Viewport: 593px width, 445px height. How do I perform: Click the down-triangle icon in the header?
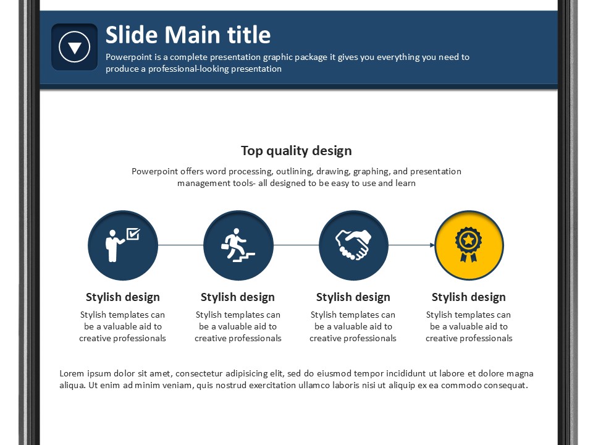(75, 47)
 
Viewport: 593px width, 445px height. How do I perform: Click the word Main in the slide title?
(192, 35)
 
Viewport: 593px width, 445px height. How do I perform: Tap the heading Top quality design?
(296, 151)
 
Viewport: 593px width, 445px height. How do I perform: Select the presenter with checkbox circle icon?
(123, 245)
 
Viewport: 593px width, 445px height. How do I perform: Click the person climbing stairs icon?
(238, 245)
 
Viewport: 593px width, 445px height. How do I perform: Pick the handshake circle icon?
(353, 245)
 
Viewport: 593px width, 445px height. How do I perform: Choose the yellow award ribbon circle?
(469, 245)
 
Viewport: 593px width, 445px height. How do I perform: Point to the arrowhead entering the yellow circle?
(432, 245)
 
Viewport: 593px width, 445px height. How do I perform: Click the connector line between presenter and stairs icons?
(181, 245)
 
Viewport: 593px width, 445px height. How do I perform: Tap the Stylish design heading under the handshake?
(353, 297)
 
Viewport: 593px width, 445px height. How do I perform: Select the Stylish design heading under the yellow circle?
(469, 297)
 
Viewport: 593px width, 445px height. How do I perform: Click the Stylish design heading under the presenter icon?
(123, 297)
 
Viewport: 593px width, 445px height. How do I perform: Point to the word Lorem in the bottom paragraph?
(72, 373)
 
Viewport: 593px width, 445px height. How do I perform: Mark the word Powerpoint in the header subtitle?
(124, 57)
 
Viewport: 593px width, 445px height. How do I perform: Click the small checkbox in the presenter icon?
(133, 234)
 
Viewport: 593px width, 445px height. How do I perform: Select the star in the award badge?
(469, 239)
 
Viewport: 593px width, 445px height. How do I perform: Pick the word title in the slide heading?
(248, 35)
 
